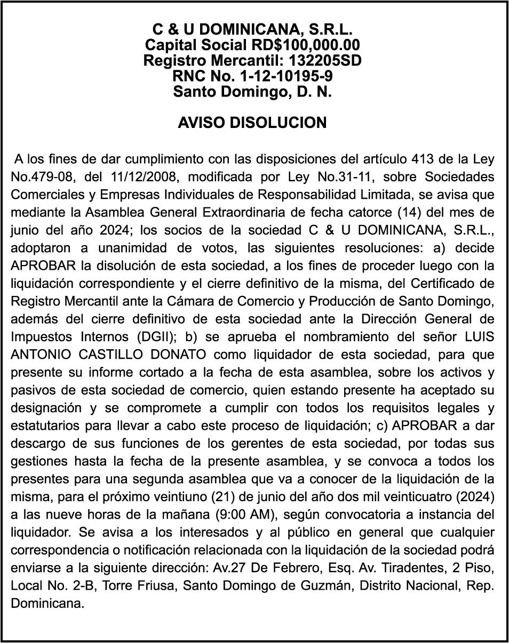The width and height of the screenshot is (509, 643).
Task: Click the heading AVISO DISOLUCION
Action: coord(252,123)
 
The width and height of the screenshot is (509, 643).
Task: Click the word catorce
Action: coord(375,212)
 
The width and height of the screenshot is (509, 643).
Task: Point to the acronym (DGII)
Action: coord(160,337)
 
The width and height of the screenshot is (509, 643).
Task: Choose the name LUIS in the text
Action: coord(478,337)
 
